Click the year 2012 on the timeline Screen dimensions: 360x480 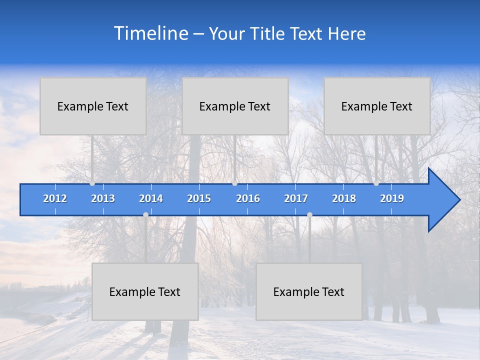pos(55,198)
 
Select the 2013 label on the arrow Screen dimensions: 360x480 pos(103,198)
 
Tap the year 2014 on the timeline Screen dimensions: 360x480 pos(151,198)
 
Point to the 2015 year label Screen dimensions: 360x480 pos(199,198)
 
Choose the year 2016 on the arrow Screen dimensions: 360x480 pos(248,198)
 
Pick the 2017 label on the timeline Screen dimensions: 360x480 pos(296,198)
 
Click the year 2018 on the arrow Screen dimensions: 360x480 pos(344,198)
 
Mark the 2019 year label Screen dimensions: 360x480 pos(392,198)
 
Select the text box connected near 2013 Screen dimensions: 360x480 pos(93,106)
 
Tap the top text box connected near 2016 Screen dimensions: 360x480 pos(235,106)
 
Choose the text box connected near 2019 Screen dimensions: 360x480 pos(377,106)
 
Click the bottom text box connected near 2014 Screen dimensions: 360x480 pos(145,291)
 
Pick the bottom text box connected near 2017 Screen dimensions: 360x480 pos(309,291)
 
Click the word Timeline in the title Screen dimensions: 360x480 pos(150,33)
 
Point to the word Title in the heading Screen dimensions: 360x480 pos(268,34)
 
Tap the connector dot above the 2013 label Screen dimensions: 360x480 pos(92,183)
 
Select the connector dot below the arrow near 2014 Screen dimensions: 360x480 pos(145,214)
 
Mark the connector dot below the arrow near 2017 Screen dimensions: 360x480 pos(309,214)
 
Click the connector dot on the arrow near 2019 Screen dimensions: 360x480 pos(376,183)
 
